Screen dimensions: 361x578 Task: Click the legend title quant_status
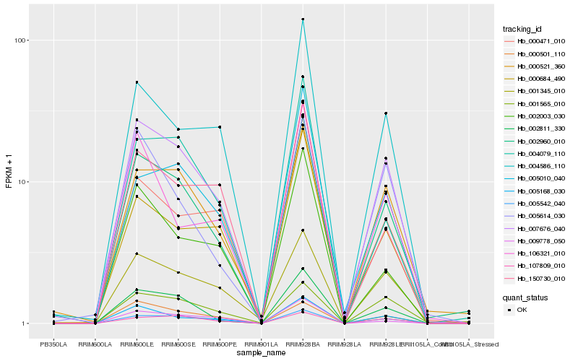(x=526, y=297)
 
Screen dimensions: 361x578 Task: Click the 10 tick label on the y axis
(x=22, y=182)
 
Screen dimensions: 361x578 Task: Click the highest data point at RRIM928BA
(x=303, y=19)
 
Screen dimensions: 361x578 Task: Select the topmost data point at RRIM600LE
(x=137, y=82)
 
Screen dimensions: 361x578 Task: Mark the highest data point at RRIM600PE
(x=220, y=127)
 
